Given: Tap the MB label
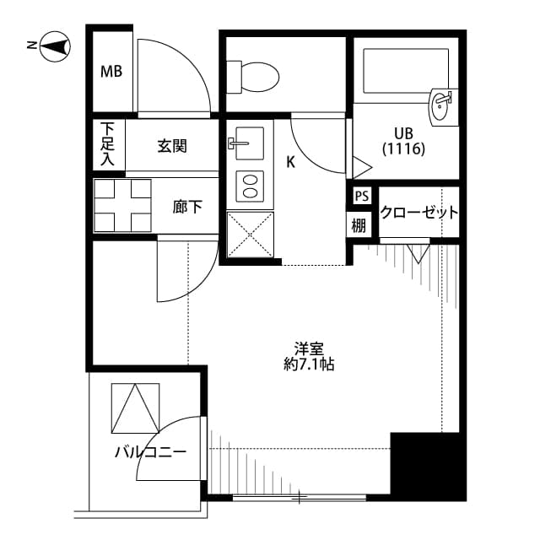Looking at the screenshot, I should click(x=111, y=72).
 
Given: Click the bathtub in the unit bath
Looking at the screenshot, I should click(x=405, y=69).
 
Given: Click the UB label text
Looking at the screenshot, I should click(x=403, y=132).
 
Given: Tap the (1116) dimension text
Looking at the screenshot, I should click(x=403, y=148).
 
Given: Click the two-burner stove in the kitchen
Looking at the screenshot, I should click(x=250, y=186).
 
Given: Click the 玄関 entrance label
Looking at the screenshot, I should click(x=172, y=146).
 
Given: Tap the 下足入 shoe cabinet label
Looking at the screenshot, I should click(x=108, y=144).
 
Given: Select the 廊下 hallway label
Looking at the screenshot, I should click(x=186, y=206).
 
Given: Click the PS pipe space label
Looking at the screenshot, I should click(x=361, y=197).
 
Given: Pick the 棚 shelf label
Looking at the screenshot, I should click(x=360, y=225).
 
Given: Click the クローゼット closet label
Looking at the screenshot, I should click(x=418, y=212).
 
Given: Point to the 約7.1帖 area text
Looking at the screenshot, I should click(x=309, y=364).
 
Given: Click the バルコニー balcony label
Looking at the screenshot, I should click(x=150, y=452).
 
